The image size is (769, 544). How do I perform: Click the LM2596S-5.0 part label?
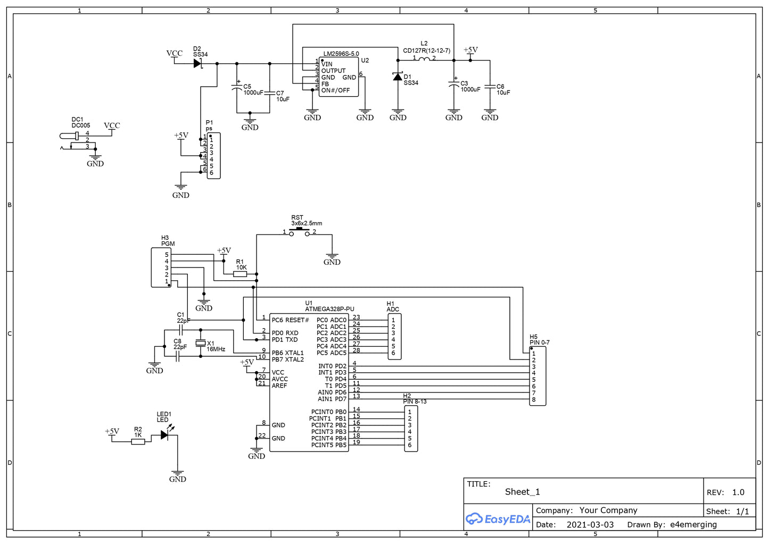click(x=341, y=54)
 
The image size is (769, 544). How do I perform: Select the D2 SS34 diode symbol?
click(x=197, y=63)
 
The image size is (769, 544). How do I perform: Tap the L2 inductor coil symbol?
click(x=424, y=59)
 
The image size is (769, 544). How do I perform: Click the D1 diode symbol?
click(x=398, y=77)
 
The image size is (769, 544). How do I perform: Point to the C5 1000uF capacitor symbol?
click(x=237, y=88)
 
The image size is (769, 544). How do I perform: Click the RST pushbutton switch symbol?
click(x=299, y=232)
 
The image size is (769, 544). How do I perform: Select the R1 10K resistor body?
click(x=240, y=274)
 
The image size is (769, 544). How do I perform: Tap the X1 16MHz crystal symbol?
click(x=201, y=344)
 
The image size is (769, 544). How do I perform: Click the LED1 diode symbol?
click(x=165, y=435)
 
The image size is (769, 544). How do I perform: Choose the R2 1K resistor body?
click(x=138, y=441)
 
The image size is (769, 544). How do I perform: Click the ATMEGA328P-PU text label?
click(x=329, y=309)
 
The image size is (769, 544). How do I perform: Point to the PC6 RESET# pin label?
click(x=290, y=320)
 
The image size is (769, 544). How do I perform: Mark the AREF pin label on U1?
click(x=279, y=386)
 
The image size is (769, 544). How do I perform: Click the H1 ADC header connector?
click(x=394, y=337)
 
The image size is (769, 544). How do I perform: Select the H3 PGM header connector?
click(x=161, y=267)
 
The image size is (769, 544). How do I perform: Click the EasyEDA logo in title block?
click(x=498, y=519)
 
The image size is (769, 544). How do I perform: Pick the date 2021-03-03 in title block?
click(x=590, y=524)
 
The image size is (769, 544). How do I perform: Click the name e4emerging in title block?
click(x=693, y=524)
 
